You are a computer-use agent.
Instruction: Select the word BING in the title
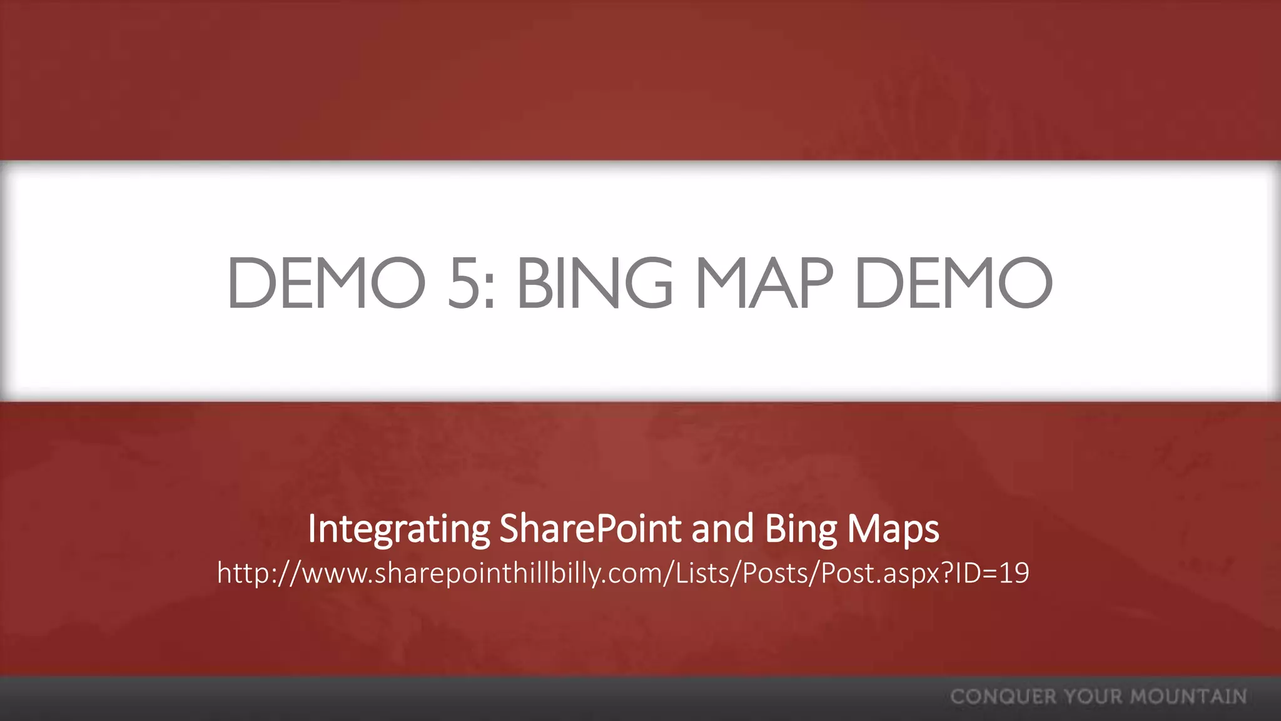(595, 283)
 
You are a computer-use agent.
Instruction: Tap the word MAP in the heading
(764, 283)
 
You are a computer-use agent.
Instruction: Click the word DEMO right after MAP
(953, 283)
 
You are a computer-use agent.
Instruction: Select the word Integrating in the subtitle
(398, 529)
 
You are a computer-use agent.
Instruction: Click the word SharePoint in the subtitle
(590, 528)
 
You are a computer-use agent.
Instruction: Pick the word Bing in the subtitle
(801, 529)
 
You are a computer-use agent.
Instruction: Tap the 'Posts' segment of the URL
(776, 573)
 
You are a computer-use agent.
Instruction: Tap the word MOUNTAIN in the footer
(1188, 697)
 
